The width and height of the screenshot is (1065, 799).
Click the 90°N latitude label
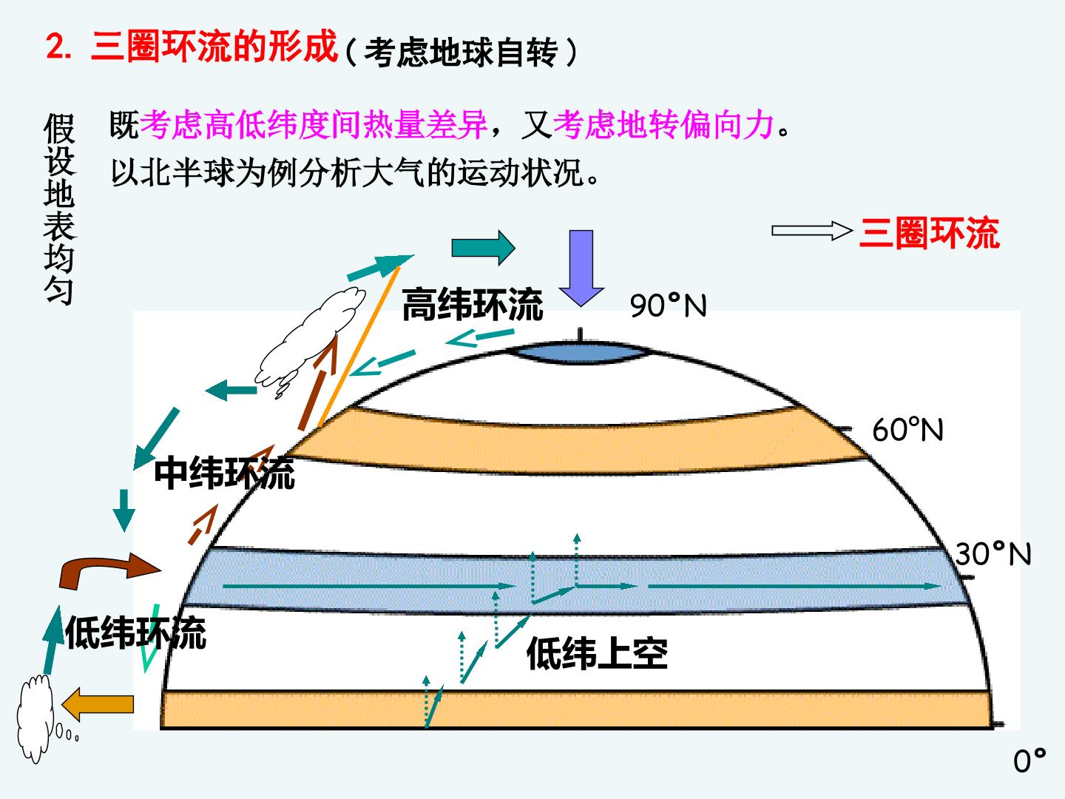[x=668, y=306]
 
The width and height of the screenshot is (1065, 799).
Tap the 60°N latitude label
[x=907, y=429]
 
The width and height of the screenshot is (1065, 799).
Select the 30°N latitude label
[x=993, y=553]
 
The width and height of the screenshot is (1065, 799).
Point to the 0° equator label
[x=1029, y=761]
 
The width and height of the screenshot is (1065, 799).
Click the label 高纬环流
[x=472, y=304]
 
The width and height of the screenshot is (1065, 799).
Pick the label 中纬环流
[x=224, y=473]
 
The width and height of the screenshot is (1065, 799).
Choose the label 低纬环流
[x=136, y=633]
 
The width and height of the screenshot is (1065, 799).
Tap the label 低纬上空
[x=598, y=653]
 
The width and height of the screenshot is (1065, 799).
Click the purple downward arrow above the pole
[x=581, y=269]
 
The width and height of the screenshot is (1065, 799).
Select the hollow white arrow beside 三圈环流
[x=812, y=230]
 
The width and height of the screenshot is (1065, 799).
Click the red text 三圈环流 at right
[x=930, y=233]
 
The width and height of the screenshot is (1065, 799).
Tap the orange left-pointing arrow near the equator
[x=98, y=704]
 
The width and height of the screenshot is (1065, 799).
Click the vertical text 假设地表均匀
[x=60, y=209]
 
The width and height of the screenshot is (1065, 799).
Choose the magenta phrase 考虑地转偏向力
[x=663, y=125]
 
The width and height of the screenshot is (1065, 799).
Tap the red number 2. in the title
[x=58, y=47]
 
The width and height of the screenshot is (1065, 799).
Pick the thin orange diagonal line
[x=359, y=346]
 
